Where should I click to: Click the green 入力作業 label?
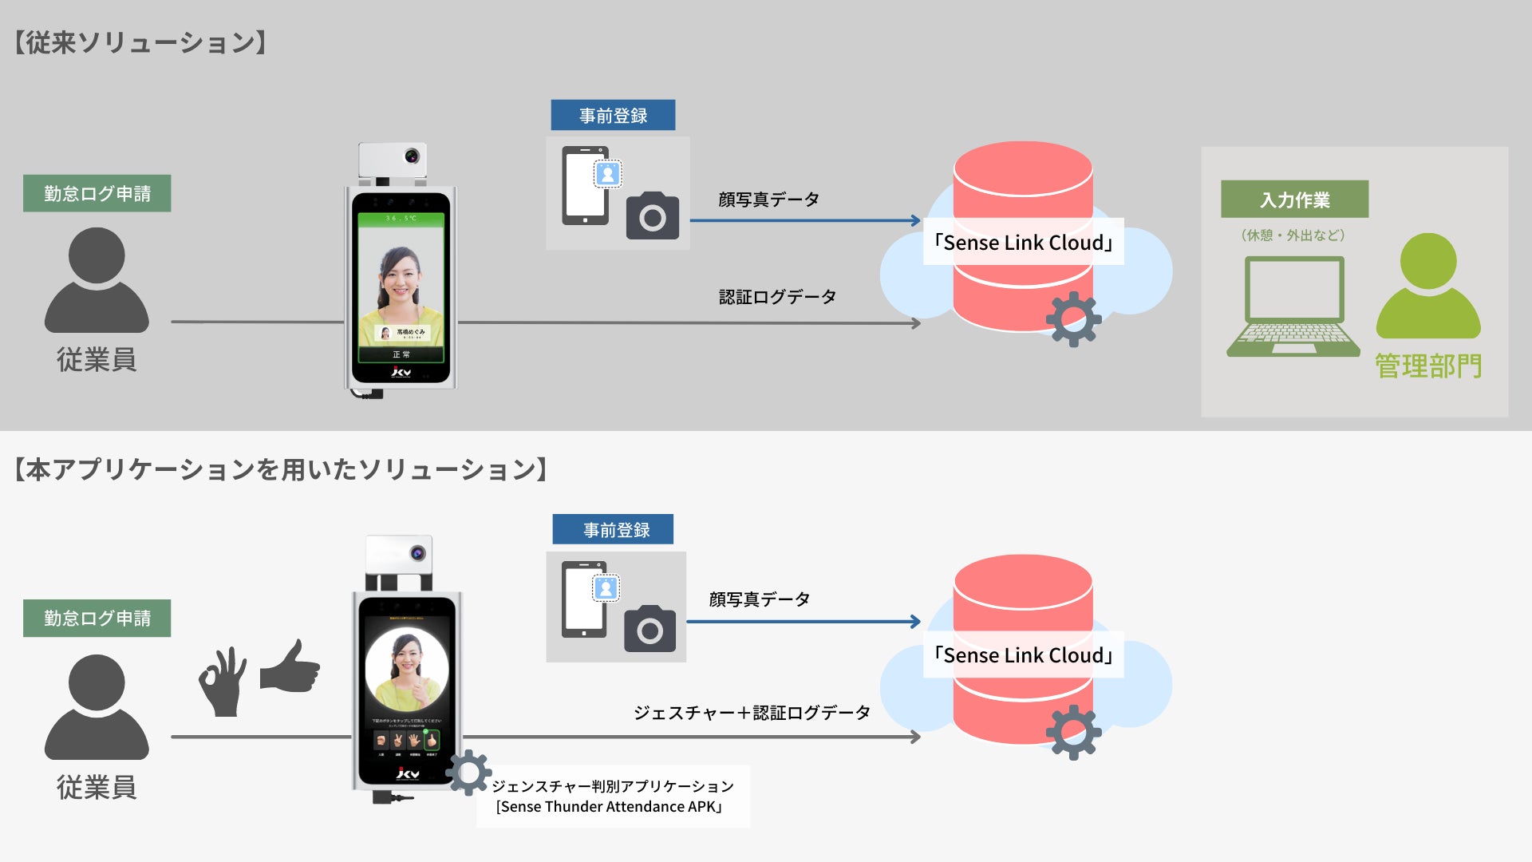coord(1294,200)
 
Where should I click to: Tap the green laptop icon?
coord(1293,307)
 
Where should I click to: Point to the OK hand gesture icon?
coord(223,682)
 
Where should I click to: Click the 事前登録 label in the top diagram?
coord(613,116)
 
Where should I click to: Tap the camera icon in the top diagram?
coord(653,215)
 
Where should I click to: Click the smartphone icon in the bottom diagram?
coord(584,599)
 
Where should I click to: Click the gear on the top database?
coord(1073,319)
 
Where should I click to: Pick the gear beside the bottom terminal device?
coord(468,772)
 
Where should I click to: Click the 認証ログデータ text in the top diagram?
coord(777,297)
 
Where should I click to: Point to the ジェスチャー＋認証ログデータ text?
coord(752,713)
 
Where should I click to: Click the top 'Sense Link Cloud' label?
coord(1024,243)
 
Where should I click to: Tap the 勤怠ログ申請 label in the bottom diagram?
coord(97,619)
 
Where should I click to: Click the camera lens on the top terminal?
coord(412,156)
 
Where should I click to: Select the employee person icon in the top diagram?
coord(97,281)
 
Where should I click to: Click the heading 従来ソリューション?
coord(140,42)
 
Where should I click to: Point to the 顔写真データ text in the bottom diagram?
coord(760,599)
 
